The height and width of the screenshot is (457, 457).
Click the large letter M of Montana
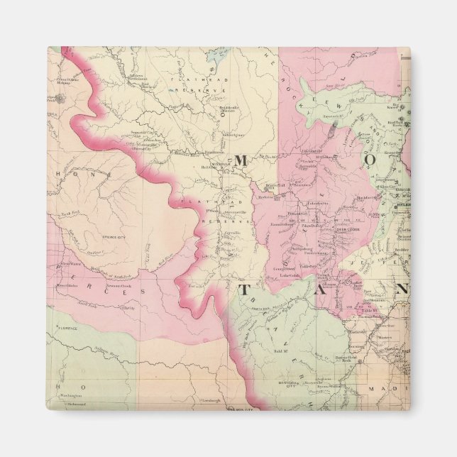click(240, 161)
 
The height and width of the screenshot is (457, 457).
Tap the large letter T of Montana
click(244, 290)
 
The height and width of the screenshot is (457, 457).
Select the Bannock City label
click(292, 382)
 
